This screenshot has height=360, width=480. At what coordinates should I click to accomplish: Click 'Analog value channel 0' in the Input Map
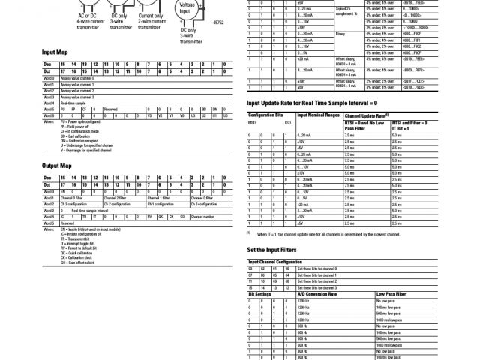[78, 78]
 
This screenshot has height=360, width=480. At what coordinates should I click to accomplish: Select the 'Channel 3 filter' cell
[73, 197]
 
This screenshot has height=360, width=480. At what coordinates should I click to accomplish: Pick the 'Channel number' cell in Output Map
[205, 216]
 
